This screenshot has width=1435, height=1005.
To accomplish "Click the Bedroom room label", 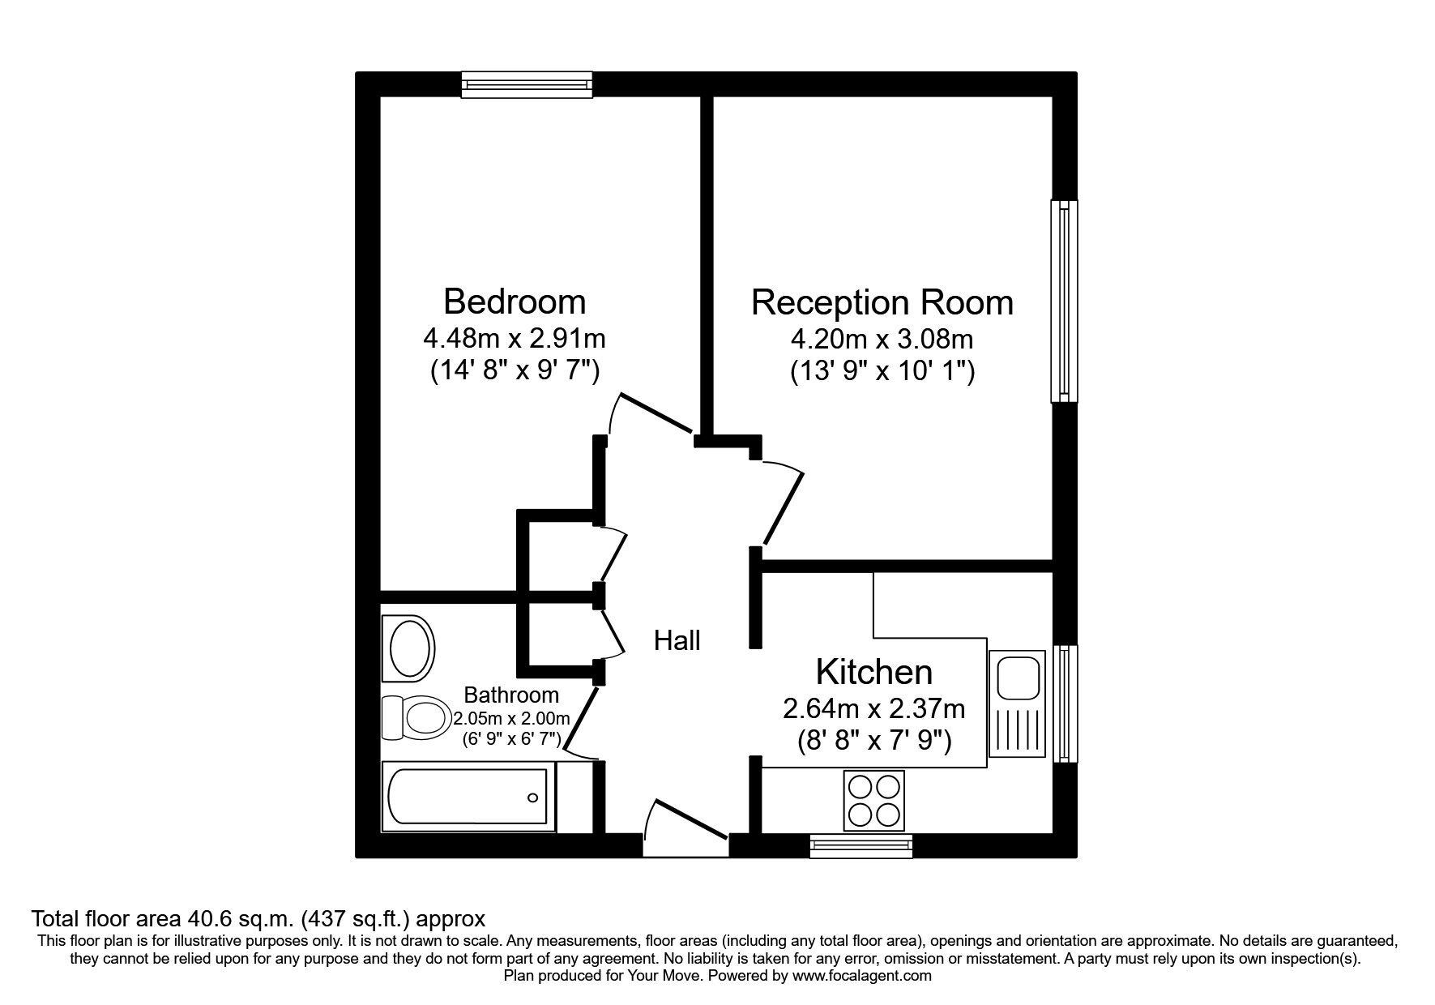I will [514, 301].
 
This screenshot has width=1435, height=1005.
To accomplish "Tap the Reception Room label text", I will [882, 302].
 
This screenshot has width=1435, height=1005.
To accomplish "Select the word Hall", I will [677, 641].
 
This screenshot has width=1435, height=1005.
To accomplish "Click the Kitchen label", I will [873, 672].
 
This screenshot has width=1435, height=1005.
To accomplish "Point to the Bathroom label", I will [510, 695].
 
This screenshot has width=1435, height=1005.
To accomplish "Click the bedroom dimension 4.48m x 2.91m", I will [514, 336].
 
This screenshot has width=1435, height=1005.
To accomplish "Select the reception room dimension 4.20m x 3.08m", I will [882, 337].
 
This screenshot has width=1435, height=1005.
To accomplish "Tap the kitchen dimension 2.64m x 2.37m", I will [873, 709].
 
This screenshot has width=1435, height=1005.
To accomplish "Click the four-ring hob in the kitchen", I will [873, 800].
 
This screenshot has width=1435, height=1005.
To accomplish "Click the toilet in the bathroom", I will [417, 717].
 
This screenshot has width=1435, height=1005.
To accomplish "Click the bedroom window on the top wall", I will [527, 84].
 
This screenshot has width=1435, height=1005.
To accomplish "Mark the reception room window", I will [1064, 301].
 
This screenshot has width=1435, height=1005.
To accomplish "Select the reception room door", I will [783, 507].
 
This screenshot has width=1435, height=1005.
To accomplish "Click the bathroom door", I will [581, 718].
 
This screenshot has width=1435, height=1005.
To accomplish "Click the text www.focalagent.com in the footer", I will [862, 976].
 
